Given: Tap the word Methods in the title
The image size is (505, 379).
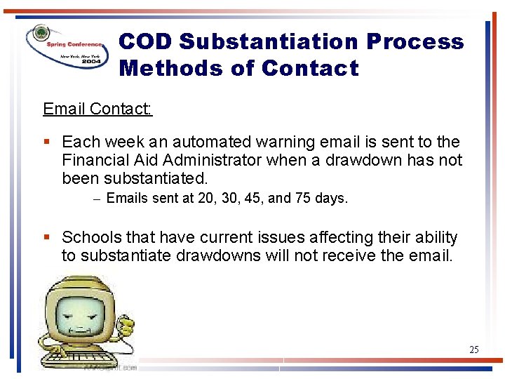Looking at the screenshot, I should [162, 69].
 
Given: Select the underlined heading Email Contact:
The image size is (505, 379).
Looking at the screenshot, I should [97, 109].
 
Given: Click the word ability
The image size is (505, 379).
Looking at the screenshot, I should [434, 238].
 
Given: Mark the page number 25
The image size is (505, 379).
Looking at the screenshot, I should [473, 349].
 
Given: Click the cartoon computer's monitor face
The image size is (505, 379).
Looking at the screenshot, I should [77, 310].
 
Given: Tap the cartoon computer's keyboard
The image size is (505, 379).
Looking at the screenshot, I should [74, 358].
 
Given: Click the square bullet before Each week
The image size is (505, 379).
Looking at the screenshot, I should [47, 142].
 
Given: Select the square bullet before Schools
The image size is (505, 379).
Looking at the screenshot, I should [47, 238].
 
